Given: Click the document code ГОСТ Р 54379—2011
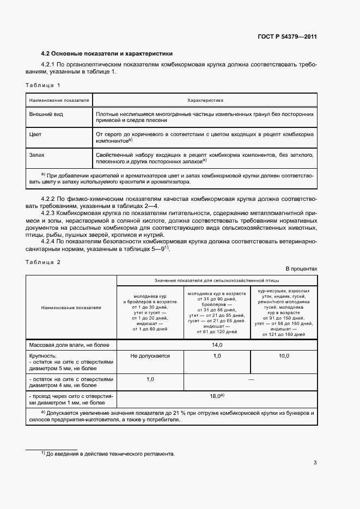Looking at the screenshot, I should point(286,37).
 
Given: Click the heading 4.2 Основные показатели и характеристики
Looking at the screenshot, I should point(107,54).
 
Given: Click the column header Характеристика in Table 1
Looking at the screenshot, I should point(205,101).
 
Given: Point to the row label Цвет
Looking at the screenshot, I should point(36,133).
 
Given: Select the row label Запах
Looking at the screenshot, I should point(38,155).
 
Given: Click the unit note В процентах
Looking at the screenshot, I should point(301,269).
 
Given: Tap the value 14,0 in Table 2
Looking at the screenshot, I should point(216,345).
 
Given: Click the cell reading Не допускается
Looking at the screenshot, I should point(150,356).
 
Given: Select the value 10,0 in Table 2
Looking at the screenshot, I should point(283,356).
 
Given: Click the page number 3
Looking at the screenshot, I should point(315,463).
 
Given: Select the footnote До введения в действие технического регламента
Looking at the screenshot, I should point(111,453).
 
